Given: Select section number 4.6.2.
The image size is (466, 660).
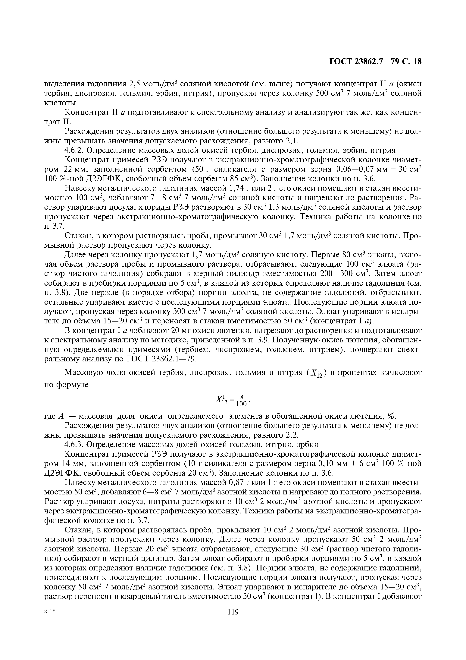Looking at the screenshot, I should (x=74, y=150).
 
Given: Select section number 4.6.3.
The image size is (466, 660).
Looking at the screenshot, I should (x=74, y=444).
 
